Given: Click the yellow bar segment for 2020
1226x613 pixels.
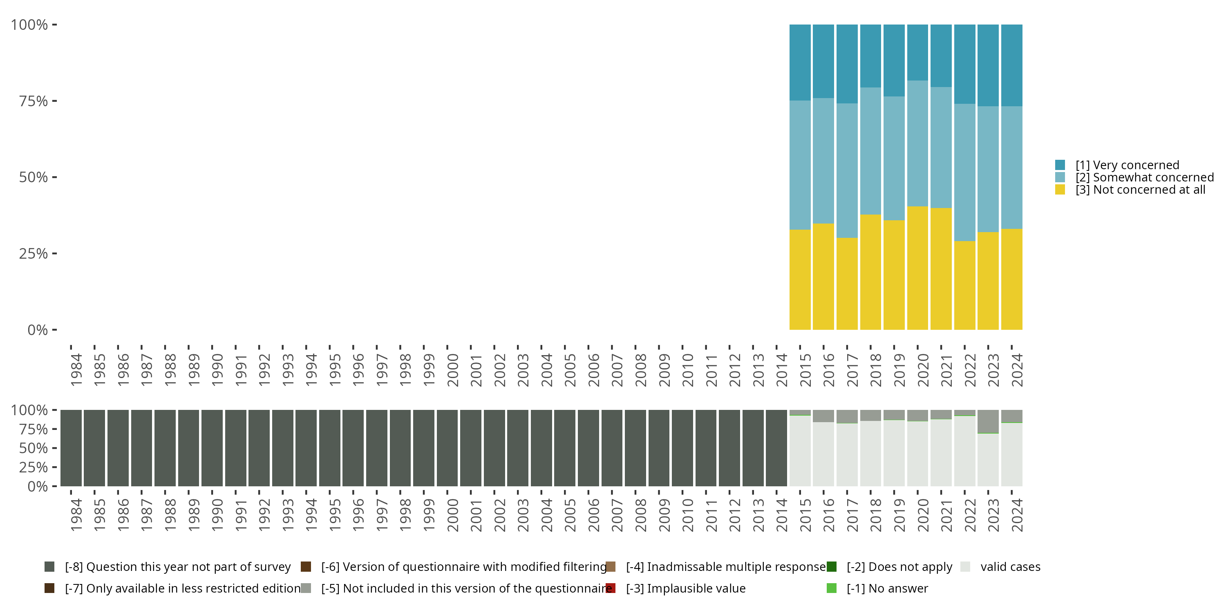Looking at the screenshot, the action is [917, 268].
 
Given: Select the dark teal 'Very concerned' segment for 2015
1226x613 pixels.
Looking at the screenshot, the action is [800, 63].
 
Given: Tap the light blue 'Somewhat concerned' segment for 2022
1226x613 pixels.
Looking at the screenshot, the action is [965, 172].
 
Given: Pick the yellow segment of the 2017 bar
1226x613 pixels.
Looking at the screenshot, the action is [847, 284].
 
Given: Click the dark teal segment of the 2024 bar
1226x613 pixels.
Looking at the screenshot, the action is [1012, 65].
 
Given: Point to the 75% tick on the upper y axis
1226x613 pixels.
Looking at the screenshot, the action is [55, 101].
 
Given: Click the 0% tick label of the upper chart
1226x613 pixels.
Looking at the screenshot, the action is [38, 330].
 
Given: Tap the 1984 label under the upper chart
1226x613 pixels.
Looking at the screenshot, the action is [76, 370].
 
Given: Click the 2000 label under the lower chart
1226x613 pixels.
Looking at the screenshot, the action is [453, 515].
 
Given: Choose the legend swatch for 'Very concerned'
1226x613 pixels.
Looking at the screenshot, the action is [1060, 165].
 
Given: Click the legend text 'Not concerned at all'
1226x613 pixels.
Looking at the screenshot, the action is [1140, 190].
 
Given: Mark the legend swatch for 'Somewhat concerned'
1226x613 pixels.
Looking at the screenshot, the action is [1060, 177].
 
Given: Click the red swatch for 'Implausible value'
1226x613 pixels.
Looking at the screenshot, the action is [611, 588].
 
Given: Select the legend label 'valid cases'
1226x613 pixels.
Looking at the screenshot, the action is [1010, 567].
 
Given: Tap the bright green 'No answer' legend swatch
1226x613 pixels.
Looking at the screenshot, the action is [832, 588].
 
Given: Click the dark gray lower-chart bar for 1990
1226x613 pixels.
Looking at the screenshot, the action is [212, 448].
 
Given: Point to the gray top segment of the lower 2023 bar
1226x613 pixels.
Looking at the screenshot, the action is [988, 421].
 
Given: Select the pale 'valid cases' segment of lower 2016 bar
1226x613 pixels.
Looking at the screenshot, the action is [823, 454].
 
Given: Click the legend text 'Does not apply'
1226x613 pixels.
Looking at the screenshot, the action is [899, 567].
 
